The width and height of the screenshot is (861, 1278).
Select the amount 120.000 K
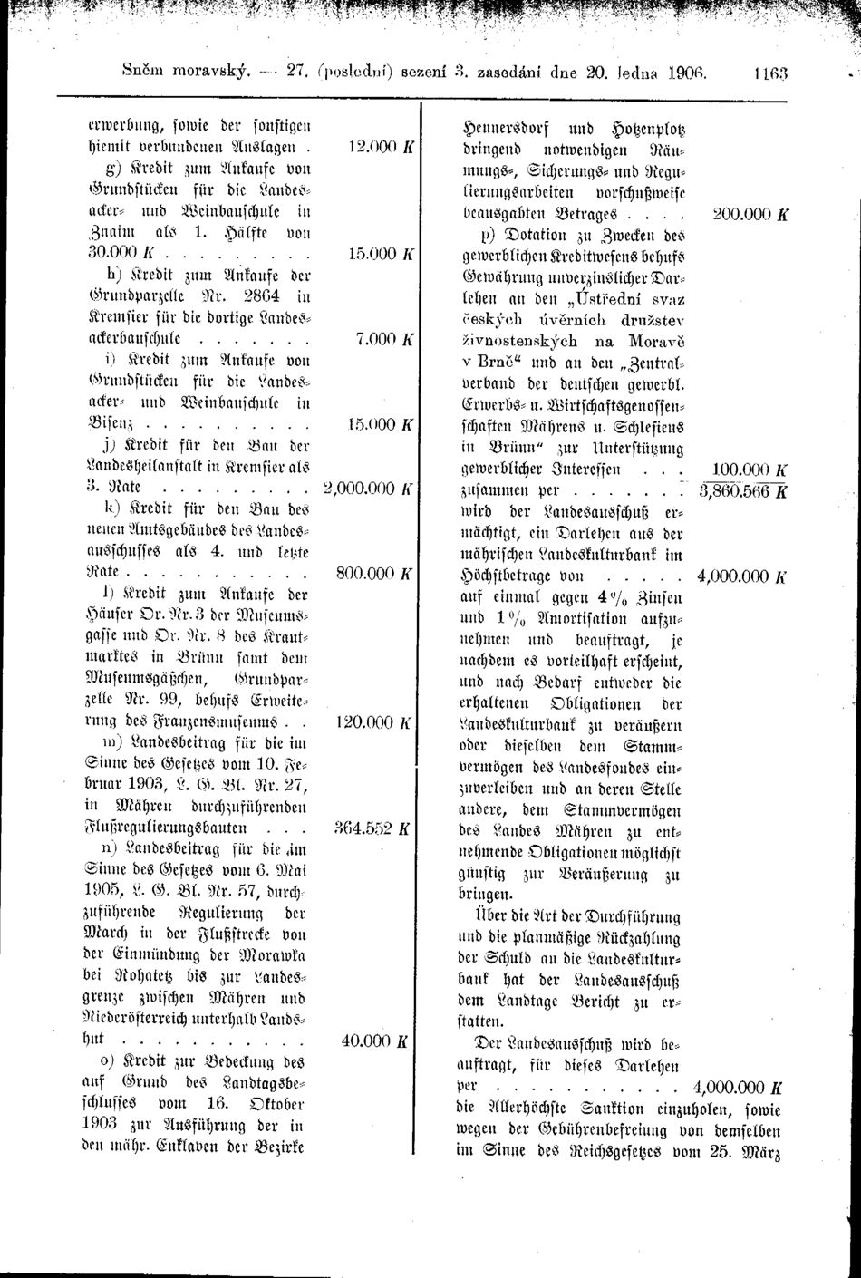coord(374,723)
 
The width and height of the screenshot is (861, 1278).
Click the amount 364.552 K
coord(374,828)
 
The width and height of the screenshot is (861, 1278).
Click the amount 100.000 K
coord(749,470)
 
